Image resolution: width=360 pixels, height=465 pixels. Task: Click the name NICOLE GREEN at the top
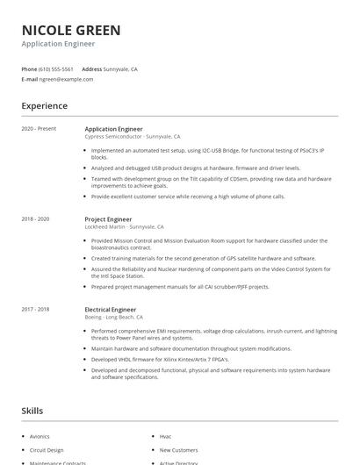[71, 30]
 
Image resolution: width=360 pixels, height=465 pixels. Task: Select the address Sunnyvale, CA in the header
[120, 68]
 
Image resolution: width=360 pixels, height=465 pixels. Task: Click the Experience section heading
[44, 106]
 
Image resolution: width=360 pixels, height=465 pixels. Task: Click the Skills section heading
[32, 410]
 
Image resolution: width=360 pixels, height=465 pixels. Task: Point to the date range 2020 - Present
[39, 129]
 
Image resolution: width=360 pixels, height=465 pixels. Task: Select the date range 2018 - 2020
[35, 218]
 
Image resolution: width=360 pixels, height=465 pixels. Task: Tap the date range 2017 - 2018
[35, 309]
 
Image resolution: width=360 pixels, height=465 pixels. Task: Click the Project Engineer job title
[108, 218]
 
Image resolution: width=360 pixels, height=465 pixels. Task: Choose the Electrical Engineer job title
[111, 309]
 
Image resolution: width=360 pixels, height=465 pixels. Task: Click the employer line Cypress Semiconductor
[132, 137]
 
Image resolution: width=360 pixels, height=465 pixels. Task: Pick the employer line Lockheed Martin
[124, 226]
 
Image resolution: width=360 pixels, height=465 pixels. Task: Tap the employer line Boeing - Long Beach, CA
[113, 317]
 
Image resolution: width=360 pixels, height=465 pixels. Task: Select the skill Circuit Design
[47, 449]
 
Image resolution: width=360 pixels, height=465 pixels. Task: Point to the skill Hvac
[165, 435]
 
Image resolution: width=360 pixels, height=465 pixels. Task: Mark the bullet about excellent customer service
[187, 197]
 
